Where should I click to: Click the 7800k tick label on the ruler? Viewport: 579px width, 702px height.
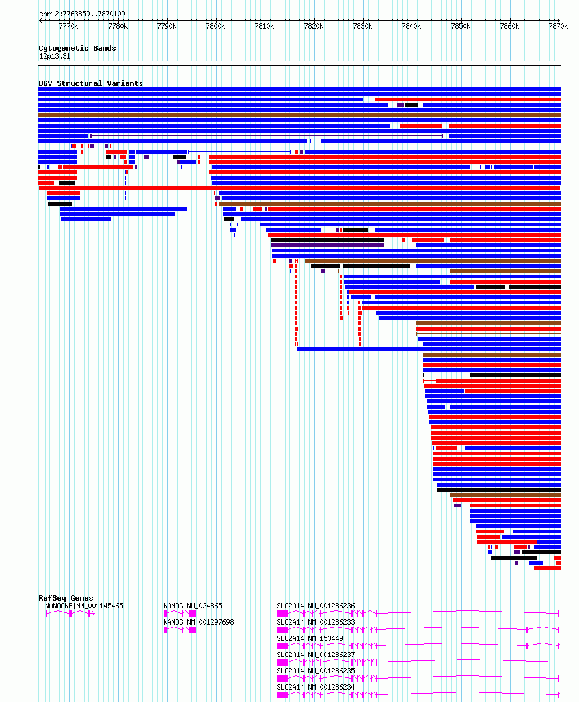(x=215, y=27)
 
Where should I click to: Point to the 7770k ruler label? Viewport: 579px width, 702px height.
(x=68, y=27)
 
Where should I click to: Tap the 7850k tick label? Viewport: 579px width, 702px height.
(x=461, y=27)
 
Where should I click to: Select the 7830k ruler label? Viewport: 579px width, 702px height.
(x=363, y=27)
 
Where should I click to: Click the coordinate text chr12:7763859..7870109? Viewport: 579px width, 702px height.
(x=83, y=14)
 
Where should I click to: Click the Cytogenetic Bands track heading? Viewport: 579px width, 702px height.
(x=77, y=48)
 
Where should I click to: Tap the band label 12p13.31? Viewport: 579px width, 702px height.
(x=55, y=57)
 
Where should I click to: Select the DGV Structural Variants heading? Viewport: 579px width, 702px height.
(x=91, y=83)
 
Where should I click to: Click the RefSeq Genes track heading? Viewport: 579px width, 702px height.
(x=66, y=598)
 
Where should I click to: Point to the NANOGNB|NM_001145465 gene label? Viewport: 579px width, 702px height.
(x=84, y=606)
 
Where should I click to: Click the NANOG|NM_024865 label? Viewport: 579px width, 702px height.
(x=193, y=606)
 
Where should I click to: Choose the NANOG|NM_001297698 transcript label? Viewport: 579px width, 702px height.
(x=198, y=623)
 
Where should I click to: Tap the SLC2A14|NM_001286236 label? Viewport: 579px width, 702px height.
(x=316, y=606)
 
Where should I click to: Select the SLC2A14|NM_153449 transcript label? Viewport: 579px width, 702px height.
(x=310, y=638)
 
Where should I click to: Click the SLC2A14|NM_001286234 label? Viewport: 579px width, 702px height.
(x=316, y=687)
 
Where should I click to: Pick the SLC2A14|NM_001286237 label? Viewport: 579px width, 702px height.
(x=316, y=655)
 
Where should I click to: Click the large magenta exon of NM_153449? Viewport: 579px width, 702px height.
(x=282, y=646)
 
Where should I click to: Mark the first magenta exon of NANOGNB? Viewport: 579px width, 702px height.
(x=47, y=614)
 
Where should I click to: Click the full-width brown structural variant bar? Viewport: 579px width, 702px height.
(x=299, y=115)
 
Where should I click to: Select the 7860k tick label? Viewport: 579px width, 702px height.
(x=509, y=27)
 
